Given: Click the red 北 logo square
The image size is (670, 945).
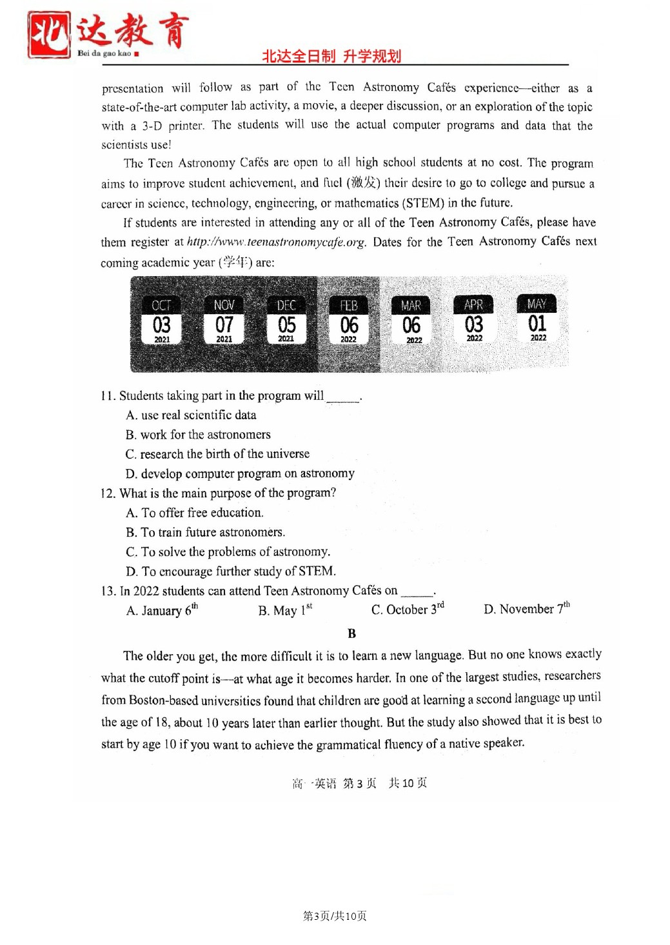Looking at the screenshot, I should pyautogui.click(x=48, y=34).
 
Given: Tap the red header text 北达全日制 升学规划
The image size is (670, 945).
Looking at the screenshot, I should pyautogui.click(x=331, y=56).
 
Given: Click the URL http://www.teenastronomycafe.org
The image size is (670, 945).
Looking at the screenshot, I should pyautogui.click(x=276, y=243).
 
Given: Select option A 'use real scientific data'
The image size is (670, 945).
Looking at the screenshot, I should pyautogui.click(x=192, y=415).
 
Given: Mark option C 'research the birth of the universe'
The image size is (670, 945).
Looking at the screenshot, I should pyautogui.click(x=217, y=453).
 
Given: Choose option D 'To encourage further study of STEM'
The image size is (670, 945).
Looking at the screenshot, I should pyautogui.click(x=231, y=571).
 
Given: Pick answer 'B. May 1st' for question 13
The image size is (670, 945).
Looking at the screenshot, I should pyautogui.click(x=285, y=610).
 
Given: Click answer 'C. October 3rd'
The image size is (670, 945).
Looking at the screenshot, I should pyautogui.click(x=408, y=609).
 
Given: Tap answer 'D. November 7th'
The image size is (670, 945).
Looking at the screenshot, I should pyautogui.click(x=527, y=608).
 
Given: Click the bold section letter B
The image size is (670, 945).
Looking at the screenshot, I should pyautogui.click(x=351, y=633).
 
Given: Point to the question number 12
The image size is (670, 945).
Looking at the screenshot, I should pyautogui.click(x=108, y=493).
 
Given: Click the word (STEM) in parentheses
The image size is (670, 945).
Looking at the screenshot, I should pyautogui.click(x=424, y=203).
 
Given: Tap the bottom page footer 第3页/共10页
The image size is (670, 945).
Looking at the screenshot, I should pyautogui.click(x=335, y=916).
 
